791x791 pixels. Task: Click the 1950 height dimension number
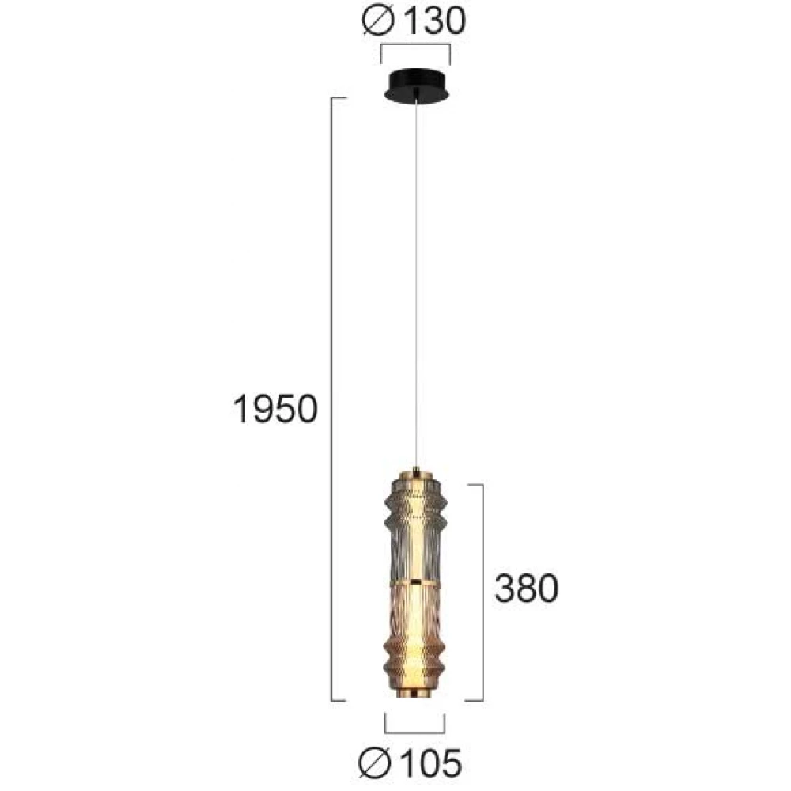pyautogui.click(x=275, y=409)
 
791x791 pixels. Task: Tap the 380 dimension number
pyautogui.click(x=527, y=589)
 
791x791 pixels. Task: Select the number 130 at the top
pyautogui.click(x=435, y=21)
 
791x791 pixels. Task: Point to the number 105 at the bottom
pyautogui.click(x=431, y=763)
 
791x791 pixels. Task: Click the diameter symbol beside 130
pyautogui.click(x=378, y=21)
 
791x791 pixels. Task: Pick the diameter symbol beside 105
pyautogui.click(x=375, y=764)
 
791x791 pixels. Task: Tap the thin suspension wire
pyautogui.click(x=416, y=283)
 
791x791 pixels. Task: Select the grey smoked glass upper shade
pyautogui.click(x=414, y=531)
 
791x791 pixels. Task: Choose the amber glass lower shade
pyautogui.click(x=414, y=637)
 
